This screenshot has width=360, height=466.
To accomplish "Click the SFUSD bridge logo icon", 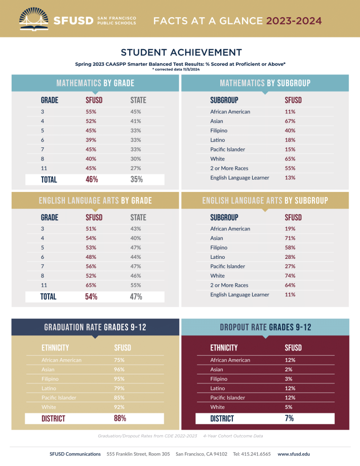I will click(x=34, y=19).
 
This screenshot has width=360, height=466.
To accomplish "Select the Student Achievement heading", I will click(x=181, y=52).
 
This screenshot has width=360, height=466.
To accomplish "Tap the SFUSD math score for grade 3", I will click(x=91, y=111).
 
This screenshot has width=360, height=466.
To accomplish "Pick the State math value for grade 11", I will click(x=135, y=168).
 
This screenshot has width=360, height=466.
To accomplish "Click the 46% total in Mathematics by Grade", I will click(x=92, y=179).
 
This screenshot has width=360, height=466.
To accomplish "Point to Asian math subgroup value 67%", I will click(x=290, y=121).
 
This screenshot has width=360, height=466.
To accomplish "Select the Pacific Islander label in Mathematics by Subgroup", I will click(x=227, y=149).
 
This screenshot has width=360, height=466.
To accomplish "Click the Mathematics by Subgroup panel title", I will click(x=265, y=83).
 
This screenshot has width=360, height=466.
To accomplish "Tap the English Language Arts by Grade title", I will click(x=95, y=201).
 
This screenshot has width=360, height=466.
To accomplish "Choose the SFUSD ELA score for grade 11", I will click(x=91, y=285).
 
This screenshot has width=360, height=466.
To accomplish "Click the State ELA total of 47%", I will click(x=136, y=297).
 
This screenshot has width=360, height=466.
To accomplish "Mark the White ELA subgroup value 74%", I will click(x=290, y=276).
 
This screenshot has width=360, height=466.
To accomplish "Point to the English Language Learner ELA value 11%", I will click(x=290, y=295).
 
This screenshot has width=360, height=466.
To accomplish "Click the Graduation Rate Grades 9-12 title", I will click(x=95, y=327).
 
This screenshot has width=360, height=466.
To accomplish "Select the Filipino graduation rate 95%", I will click(x=119, y=379).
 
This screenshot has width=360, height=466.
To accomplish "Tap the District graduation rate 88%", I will click(x=120, y=418).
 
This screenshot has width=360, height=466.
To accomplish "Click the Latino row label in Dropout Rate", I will click(x=219, y=389).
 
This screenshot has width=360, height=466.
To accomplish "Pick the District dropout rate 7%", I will click(x=289, y=418).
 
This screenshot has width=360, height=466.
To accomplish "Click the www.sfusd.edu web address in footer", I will click(x=293, y=454).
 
